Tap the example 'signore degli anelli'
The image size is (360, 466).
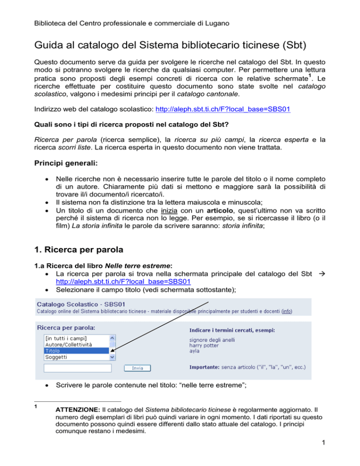tap(212, 339)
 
